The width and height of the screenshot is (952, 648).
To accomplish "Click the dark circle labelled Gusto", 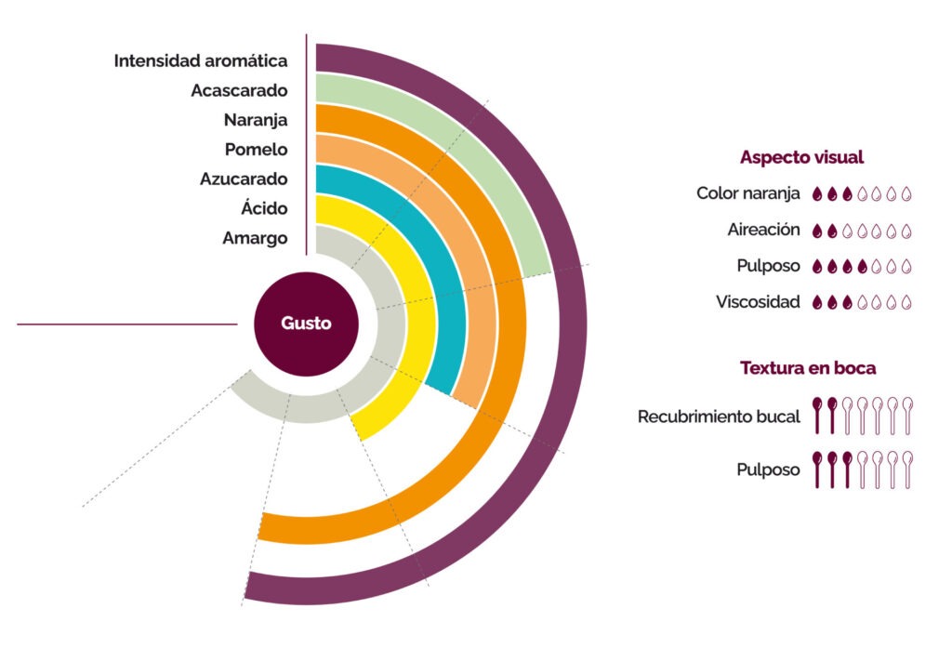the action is [306, 324].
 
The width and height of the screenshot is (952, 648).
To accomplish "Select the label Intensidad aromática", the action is [201, 60].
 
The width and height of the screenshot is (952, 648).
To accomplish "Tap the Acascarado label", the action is [239, 90].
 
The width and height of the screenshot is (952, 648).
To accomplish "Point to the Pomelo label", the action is [257, 150].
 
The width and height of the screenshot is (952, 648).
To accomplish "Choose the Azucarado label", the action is [245, 179].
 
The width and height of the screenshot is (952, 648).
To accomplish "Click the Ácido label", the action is [264, 207].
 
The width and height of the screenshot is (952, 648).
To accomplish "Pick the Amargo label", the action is [255, 238].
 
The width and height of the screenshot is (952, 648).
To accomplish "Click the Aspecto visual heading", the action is [801, 157].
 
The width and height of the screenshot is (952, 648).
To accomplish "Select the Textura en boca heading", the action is [808, 368].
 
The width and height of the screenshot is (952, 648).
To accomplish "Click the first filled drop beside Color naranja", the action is [817, 193].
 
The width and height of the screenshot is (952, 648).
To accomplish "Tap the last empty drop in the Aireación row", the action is [906, 231].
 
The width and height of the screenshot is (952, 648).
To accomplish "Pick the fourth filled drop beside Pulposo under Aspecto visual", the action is [862, 266].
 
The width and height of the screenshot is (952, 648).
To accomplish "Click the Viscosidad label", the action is [758, 302].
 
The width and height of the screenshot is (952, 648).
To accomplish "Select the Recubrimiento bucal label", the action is [719, 417].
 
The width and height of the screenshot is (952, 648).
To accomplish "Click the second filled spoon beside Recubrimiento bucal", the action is [832, 416].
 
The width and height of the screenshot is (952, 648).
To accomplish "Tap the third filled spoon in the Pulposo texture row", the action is [847, 469].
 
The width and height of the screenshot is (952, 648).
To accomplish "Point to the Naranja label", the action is [256, 120].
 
